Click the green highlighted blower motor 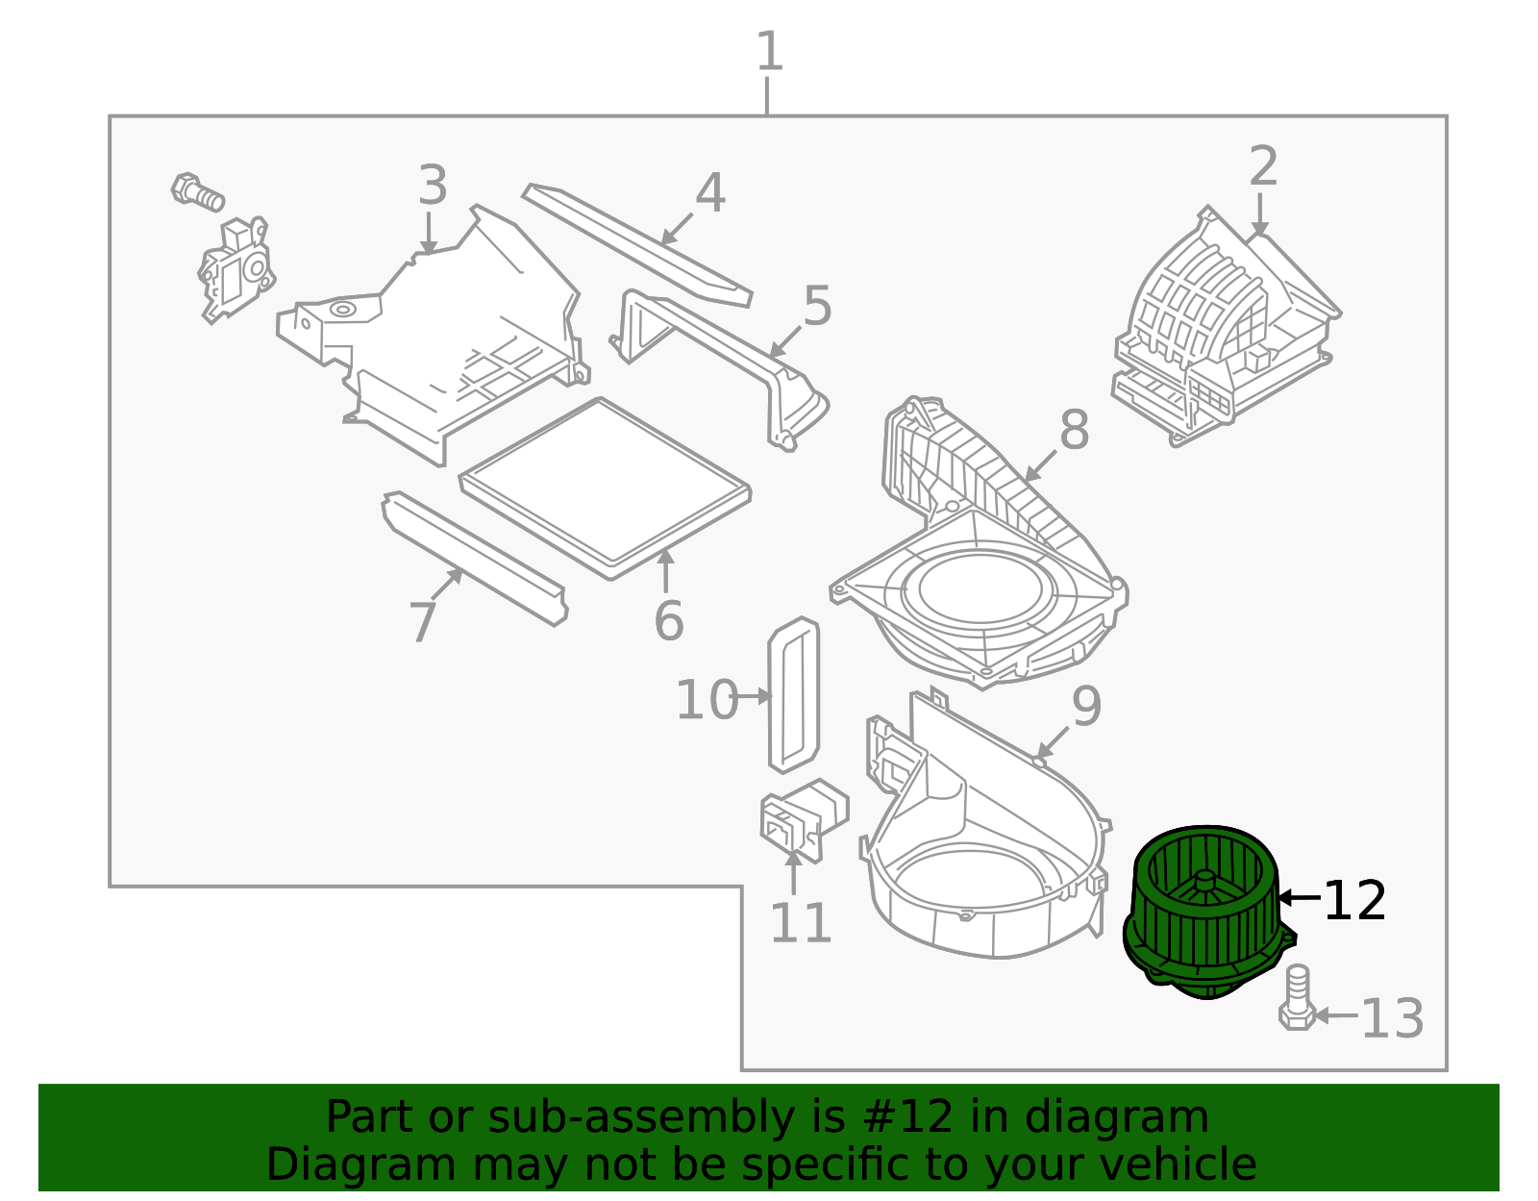coord(1209,913)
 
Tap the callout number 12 coord(1354,901)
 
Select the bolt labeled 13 coord(1298,997)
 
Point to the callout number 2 coord(1263,165)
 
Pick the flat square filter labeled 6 coord(606,488)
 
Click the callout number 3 coord(433,185)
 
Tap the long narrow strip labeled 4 coord(637,245)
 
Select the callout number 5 coord(817,306)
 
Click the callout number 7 coord(423,621)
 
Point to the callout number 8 coord(1075,429)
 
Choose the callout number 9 coord(1087,706)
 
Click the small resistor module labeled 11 coord(804,820)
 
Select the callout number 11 coord(801,923)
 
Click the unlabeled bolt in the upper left coord(197,191)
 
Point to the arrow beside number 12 coord(1300,897)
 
